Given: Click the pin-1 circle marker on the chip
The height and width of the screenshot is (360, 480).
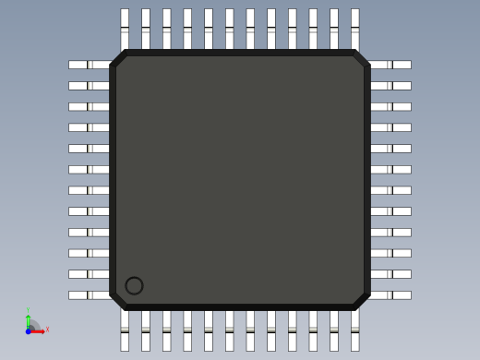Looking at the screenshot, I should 134,285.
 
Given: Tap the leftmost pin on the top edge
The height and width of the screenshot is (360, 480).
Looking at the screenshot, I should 125,29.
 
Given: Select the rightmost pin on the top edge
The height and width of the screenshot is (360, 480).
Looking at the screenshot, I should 354,29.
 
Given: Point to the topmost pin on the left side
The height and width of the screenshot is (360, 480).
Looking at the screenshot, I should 89,65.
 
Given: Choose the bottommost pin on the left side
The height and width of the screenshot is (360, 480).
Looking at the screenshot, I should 89,295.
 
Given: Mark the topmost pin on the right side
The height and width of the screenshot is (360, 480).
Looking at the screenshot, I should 390,65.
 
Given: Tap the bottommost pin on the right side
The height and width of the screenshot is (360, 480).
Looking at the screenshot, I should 390,295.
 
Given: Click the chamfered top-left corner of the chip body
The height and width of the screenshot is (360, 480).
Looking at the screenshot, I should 118,58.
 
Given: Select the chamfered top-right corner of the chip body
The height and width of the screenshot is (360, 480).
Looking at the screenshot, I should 361,58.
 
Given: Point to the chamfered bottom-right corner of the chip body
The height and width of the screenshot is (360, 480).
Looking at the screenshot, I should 361,301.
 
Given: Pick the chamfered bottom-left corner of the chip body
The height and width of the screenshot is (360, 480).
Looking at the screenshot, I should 118,301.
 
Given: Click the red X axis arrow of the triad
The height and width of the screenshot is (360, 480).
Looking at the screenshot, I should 41,330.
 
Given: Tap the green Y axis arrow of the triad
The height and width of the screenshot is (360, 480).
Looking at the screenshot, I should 28,317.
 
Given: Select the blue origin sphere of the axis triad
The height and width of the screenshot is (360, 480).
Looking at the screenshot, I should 29,330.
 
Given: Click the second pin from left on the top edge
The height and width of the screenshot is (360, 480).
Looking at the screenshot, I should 146,29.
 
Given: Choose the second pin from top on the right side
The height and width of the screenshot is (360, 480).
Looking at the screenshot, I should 390,86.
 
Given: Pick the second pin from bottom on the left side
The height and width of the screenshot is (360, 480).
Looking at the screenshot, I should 89,274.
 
